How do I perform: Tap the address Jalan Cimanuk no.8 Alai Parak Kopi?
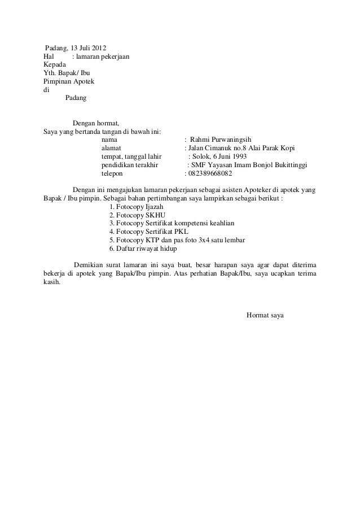242,148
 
